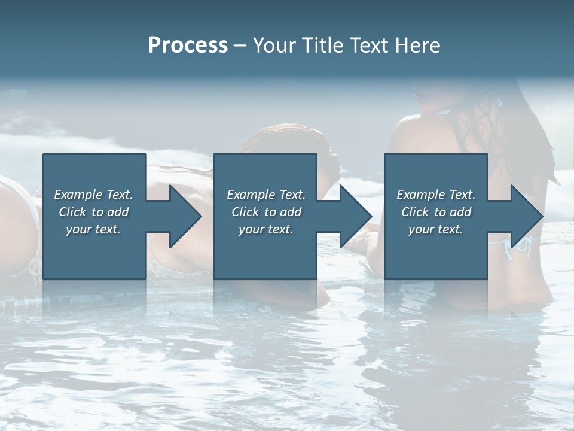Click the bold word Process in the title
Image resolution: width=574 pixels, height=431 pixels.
coord(188,45)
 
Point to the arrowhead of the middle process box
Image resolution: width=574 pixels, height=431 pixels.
coord(354,216)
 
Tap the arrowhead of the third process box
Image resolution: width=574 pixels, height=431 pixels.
coord(524,216)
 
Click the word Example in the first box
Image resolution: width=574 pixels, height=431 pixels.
coord(78,195)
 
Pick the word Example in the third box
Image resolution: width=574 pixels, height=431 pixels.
coord(421,195)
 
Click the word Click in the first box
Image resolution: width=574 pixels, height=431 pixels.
coord(72,212)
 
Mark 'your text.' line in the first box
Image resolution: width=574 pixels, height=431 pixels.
coord(93,229)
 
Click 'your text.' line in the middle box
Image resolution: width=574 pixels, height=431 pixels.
coord(266,229)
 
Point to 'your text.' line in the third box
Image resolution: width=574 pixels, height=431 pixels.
coord(436,229)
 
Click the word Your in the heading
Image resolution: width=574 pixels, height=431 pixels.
coord(273,45)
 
